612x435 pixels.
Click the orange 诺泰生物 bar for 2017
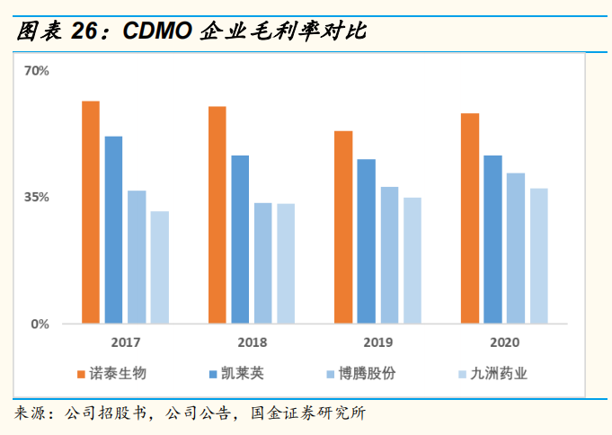point(91,212)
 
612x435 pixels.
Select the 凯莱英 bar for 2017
point(113,229)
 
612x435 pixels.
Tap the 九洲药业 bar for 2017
point(159,267)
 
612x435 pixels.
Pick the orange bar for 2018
point(217,215)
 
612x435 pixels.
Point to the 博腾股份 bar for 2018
point(262,262)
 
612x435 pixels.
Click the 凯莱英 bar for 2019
point(366,241)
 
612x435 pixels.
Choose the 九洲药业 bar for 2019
point(412,260)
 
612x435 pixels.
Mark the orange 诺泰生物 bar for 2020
point(470,217)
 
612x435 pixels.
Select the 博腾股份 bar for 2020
point(516,247)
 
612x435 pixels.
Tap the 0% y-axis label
point(40,324)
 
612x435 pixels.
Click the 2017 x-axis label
point(126,342)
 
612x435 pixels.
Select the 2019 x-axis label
point(378,342)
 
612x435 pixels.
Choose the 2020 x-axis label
point(504,342)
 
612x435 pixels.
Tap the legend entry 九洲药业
point(498,373)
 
